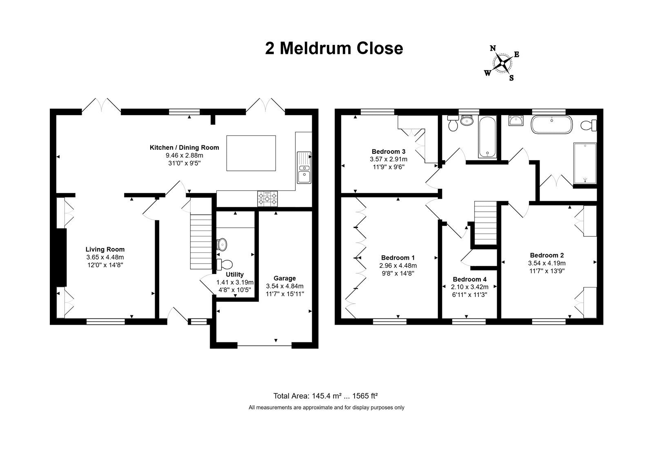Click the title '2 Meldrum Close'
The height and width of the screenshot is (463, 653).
pyautogui.click(x=334, y=49)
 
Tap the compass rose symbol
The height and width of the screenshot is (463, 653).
pyautogui.click(x=502, y=63)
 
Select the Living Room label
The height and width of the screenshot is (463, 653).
pyautogui.click(x=105, y=249)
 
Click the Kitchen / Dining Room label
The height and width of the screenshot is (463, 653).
pyautogui.click(x=184, y=148)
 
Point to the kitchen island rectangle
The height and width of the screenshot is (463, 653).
pyautogui.click(x=251, y=153)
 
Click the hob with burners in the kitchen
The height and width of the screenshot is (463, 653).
pyautogui.click(x=267, y=199)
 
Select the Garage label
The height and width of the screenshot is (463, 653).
pyautogui.click(x=284, y=278)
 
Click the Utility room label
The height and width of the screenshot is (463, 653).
pyautogui.click(x=235, y=275)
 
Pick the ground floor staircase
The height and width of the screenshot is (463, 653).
pyautogui.click(x=201, y=241)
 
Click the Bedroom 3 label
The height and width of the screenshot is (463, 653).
pyautogui.click(x=388, y=151)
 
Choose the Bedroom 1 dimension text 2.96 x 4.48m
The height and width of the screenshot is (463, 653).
pyautogui.click(x=398, y=266)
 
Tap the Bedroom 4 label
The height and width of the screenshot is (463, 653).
pyautogui.click(x=470, y=279)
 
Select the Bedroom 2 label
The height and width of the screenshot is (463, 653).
pyautogui.click(x=546, y=255)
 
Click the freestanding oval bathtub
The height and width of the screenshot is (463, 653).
pyautogui.click(x=551, y=125)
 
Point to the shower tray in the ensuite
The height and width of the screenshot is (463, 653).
pyautogui.click(x=585, y=163)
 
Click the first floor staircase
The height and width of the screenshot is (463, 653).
pyautogui.click(x=485, y=223)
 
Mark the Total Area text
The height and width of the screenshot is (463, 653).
pyautogui.click(x=325, y=396)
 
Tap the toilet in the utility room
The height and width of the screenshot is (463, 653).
pyautogui.click(x=224, y=264)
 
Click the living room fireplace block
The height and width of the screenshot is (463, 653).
pyautogui.click(x=61, y=257)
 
